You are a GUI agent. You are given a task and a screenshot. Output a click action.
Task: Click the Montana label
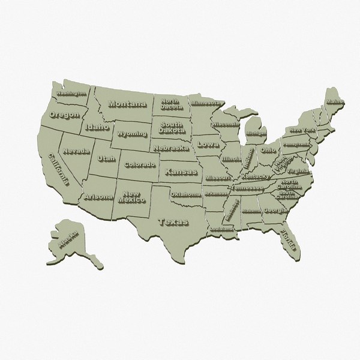pyautogui.click(x=127, y=104)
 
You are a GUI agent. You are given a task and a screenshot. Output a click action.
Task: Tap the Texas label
pyautogui.click(x=173, y=221)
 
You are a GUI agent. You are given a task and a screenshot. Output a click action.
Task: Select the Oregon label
pyautogui.click(x=64, y=115)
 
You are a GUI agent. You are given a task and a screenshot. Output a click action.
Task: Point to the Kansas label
pyautogui.click(x=181, y=172)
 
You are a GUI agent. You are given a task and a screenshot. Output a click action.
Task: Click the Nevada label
pyautogui.click(x=77, y=151)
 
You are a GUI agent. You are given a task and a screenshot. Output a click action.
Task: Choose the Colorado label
pyautogui.click(x=140, y=164)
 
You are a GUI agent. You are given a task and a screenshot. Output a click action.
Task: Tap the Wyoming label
pyautogui.click(x=132, y=133)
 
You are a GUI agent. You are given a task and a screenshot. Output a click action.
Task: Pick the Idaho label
pyautogui.click(x=97, y=127)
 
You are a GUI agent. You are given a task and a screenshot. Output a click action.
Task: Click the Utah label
pyautogui.click(x=106, y=159)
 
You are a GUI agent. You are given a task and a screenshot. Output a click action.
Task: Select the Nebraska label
pyautogui.click(x=170, y=148)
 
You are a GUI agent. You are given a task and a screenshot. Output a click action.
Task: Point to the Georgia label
pyautogui.click(x=275, y=211)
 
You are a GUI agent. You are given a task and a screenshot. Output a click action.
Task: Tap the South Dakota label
pyautogui.click(x=171, y=127)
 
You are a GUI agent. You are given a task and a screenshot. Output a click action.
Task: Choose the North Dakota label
pyautogui.click(x=172, y=104)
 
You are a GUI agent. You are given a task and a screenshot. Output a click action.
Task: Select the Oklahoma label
pyautogui.click(x=186, y=194)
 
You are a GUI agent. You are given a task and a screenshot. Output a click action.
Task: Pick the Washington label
pyautogui.click(x=71, y=94)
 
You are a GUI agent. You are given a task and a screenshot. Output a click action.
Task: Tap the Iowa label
pyautogui.click(x=209, y=145)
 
